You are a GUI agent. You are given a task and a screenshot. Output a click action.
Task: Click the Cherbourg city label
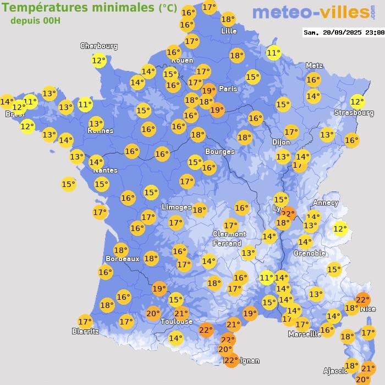99,46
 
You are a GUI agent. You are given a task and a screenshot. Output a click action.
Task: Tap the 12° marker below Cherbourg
98,61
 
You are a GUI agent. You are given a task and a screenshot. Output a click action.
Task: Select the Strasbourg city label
354,113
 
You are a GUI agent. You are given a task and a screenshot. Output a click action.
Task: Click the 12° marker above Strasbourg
358,102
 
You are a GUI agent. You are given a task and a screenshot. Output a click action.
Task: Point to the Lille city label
228,31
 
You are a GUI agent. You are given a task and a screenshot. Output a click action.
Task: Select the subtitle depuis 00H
35,21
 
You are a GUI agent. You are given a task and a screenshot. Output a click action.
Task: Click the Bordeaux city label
122,258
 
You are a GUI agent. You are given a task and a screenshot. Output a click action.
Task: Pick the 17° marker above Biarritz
85,322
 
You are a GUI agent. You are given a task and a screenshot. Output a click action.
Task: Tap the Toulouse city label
177,321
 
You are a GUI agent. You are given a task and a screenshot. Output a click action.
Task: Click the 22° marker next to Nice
362,300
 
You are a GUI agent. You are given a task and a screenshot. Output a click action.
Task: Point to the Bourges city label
219,151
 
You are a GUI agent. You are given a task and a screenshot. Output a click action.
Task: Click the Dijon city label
280,142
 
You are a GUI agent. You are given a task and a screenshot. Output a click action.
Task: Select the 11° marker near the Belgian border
273,53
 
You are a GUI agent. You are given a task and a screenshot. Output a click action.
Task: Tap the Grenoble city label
309,254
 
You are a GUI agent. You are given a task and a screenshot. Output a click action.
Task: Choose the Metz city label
314,65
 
